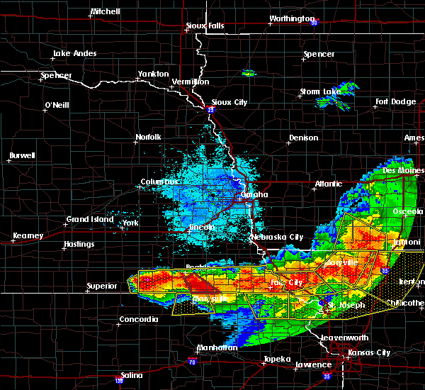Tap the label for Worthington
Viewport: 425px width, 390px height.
click(291, 19)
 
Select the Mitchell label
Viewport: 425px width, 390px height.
click(106, 13)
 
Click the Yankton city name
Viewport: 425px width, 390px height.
click(153, 74)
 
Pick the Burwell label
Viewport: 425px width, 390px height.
click(23, 155)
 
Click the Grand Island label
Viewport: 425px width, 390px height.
click(90, 219)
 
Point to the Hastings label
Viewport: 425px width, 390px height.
click(78, 245)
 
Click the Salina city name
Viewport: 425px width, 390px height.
click(130, 375)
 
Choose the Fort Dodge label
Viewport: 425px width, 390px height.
click(396, 101)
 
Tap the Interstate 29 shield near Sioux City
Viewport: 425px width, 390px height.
click(210, 110)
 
